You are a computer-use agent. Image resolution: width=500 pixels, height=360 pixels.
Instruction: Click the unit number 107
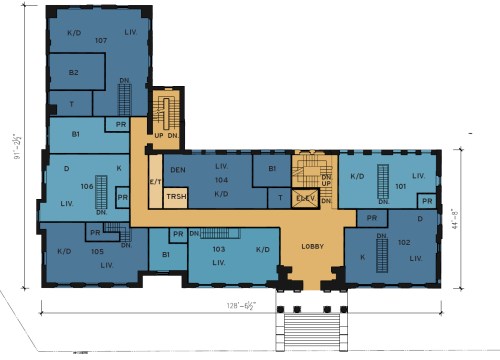tap(101, 41)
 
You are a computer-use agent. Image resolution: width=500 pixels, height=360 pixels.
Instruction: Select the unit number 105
tap(97, 252)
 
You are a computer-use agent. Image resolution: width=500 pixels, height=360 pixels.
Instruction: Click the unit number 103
tap(220, 248)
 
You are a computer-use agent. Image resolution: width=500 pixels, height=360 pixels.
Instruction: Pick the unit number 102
tap(401, 243)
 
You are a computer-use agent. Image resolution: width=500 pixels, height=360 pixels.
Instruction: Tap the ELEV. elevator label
tap(305, 199)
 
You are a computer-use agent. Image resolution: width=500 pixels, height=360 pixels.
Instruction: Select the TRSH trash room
tap(176, 197)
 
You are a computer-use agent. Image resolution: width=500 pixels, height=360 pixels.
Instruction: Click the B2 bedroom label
tap(73, 73)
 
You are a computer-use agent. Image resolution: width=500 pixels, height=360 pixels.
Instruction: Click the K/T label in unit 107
tap(73, 33)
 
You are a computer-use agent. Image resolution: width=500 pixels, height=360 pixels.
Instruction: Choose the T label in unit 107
tap(73, 104)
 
